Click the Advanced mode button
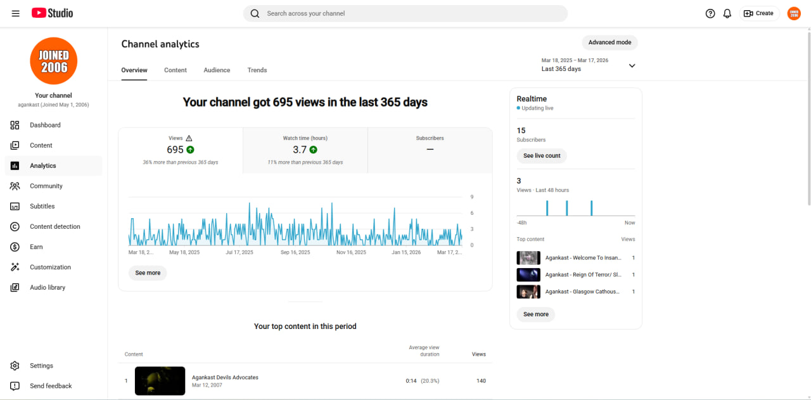[x=610, y=42]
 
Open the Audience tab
[x=217, y=70]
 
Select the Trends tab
[x=257, y=70]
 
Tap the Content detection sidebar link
[x=54, y=226]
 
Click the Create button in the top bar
[x=758, y=13]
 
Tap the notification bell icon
[x=727, y=13]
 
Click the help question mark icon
[x=710, y=13]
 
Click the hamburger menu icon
[x=16, y=13]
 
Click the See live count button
[x=542, y=156]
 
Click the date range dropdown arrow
[x=632, y=65]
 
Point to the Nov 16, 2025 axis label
[x=351, y=252]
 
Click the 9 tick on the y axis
[x=472, y=197]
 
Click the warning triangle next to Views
[x=189, y=138]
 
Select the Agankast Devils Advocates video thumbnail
[x=160, y=381]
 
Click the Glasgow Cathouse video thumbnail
[x=528, y=292]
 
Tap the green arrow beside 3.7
[x=313, y=150]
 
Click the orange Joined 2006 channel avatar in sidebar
[x=54, y=61]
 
